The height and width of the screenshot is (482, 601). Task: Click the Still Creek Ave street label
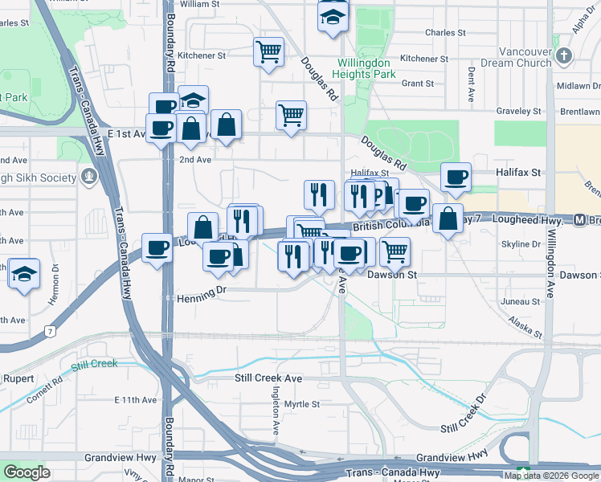(x=268, y=378)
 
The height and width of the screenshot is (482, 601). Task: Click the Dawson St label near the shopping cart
(x=391, y=275)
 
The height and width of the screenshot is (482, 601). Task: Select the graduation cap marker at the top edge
(x=333, y=16)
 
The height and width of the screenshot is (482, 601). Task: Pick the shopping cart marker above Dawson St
(x=395, y=251)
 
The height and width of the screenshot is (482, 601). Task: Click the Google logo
(x=27, y=472)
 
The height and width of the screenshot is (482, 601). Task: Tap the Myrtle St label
(x=302, y=404)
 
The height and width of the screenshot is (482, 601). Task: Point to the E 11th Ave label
(x=135, y=400)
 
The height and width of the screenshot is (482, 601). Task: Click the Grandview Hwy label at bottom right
(x=452, y=455)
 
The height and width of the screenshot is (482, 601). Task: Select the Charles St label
(x=441, y=33)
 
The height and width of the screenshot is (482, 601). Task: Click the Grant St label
(x=418, y=84)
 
